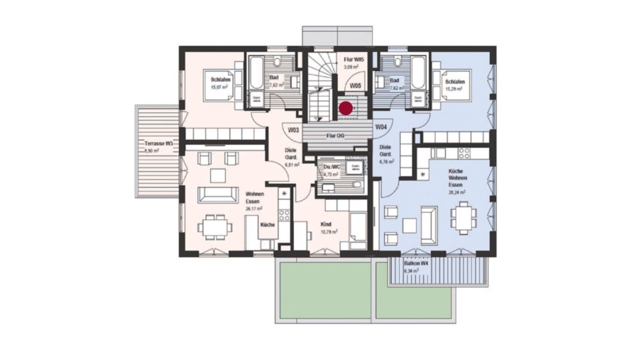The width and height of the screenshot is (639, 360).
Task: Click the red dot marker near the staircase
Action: [x=345, y=109]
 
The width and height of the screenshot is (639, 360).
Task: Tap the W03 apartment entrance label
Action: [x=293, y=130]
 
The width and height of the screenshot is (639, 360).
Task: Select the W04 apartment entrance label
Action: [x=381, y=126]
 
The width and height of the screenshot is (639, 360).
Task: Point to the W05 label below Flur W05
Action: [x=356, y=85]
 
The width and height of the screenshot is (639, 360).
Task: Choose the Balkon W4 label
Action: [x=416, y=263]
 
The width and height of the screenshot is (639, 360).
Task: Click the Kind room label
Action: [x=326, y=224]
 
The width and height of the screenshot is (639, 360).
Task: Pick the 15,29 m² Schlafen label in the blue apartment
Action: [x=454, y=82]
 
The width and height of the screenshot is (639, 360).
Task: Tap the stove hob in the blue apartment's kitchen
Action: [x=466, y=152]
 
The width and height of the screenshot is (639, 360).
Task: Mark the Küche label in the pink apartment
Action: [x=268, y=224]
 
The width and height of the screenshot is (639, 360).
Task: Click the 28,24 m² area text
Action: [x=457, y=192]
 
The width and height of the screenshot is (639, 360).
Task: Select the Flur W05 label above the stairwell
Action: [x=354, y=60]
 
